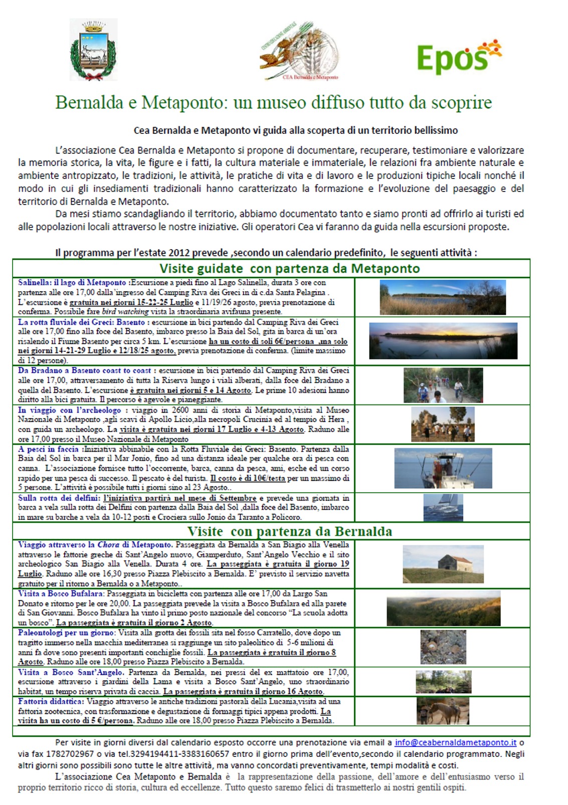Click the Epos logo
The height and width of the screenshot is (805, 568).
458,56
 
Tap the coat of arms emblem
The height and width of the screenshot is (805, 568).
93,50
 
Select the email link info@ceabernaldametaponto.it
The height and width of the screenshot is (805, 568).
455,742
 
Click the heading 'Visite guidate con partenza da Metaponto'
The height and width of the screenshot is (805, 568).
289,268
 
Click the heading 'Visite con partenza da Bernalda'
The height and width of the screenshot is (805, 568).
289,531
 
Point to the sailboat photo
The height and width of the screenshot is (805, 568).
443,507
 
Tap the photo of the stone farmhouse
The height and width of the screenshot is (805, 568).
443,564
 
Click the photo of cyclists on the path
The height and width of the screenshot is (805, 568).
443,385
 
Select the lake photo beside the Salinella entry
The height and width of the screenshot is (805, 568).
443,297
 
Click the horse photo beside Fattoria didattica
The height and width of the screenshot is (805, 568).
443,710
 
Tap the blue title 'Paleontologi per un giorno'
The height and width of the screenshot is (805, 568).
66,633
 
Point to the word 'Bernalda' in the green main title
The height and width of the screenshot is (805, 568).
89,103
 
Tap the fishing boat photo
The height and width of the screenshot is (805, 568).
443,468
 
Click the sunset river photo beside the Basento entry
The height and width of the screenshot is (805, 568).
443,341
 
